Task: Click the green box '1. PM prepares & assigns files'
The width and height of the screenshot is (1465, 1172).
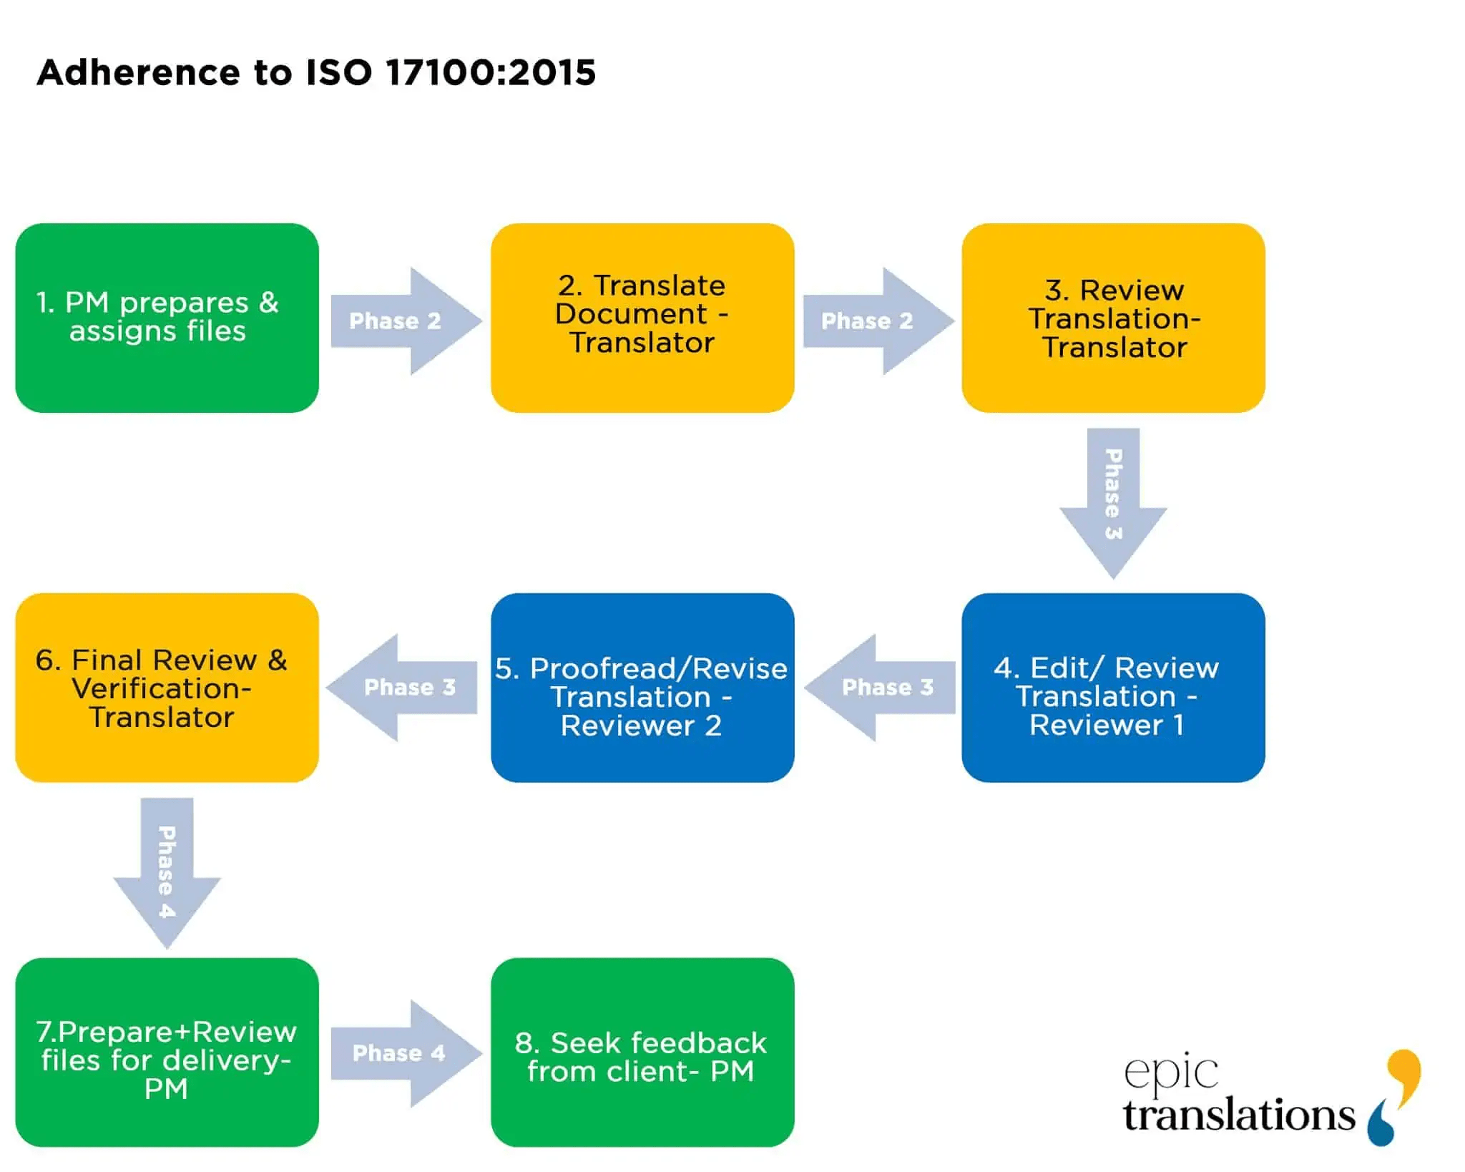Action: click(x=167, y=318)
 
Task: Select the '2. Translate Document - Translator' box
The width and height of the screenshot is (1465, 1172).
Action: click(x=642, y=318)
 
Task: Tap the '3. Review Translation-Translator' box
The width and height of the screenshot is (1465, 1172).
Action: click(x=1113, y=318)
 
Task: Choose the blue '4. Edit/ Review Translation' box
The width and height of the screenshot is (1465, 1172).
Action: click(x=1113, y=687)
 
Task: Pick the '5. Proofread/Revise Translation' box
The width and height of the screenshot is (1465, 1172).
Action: click(x=642, y=687)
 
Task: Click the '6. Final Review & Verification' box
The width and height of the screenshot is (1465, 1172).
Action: click(x=167, y=687)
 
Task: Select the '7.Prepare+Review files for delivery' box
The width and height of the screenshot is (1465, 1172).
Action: click(x=167, y=1052)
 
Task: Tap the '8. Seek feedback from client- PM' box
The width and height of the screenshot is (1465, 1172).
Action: click(x=642, y=1052)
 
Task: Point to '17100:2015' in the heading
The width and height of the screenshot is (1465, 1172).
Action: click(x=490, y=72)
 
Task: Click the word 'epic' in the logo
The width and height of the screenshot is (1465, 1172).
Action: click(x=1170, y=1072)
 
